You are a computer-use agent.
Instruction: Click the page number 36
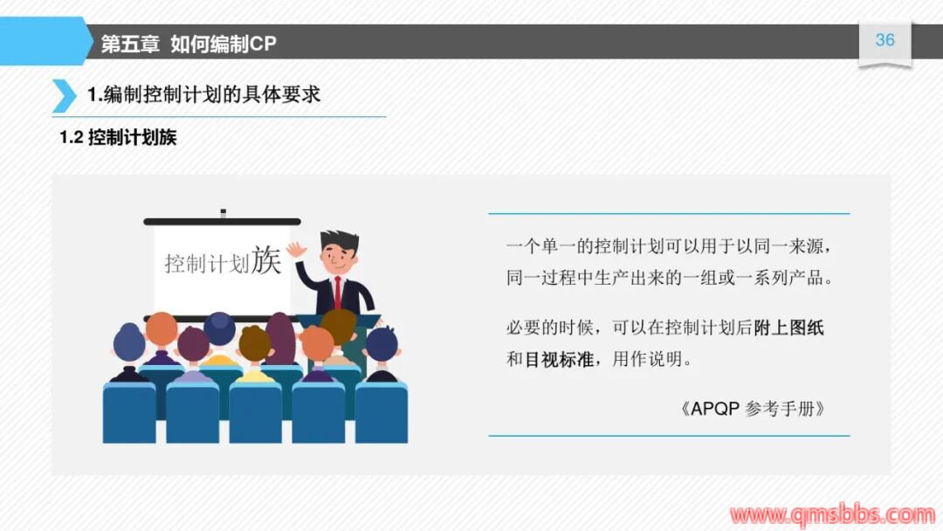coord(884,40)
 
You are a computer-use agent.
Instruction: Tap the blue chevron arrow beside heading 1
coord(65,95)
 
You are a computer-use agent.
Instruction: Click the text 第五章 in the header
coord(130,44)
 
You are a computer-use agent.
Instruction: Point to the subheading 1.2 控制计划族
coord(118,138)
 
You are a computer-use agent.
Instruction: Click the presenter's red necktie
coord(338,293)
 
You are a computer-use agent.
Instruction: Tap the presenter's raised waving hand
coord(296,249)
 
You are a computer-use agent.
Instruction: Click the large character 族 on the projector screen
coord(266,259)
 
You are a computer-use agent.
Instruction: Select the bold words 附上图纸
coord(788,328)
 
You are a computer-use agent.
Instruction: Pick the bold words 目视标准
coord(560,360)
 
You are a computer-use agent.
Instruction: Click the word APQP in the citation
coord(715,409)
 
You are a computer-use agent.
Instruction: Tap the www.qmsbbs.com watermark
coord(832,515)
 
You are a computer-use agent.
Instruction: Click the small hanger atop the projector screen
coord(224,213)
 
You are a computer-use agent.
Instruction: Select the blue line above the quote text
coord(669,213)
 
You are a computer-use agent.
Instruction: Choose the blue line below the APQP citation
coord(669,436)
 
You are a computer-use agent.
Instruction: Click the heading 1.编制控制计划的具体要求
coord(203,94)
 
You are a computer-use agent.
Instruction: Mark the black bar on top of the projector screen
coord(222,222)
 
